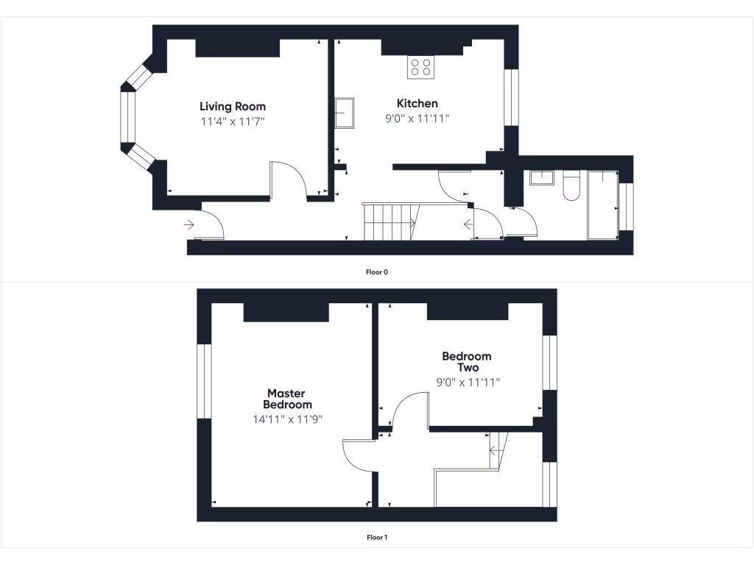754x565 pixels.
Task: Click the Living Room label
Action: pos(233,107)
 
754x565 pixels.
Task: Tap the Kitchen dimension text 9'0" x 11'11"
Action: pos(417,118)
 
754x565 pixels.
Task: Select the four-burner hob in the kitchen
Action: pos(421,68)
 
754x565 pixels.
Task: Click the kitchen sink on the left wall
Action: pos(345,113)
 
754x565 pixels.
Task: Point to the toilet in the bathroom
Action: pos(571,186)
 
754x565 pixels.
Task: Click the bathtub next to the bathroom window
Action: pos(602,205)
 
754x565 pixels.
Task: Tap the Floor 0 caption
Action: pos(377,272)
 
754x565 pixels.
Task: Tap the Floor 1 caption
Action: pos(377,538)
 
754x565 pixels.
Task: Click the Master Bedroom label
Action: pos(287,399)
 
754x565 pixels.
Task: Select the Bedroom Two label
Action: pos(467,362)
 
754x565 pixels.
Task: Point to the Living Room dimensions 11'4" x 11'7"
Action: pos(233,121)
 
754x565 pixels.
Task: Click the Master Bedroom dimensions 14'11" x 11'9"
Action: pos(287,419)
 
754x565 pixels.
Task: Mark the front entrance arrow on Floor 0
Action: pos(190,225)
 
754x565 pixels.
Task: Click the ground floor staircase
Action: pos(390,221)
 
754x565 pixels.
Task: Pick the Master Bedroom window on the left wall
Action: pos(204,381)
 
